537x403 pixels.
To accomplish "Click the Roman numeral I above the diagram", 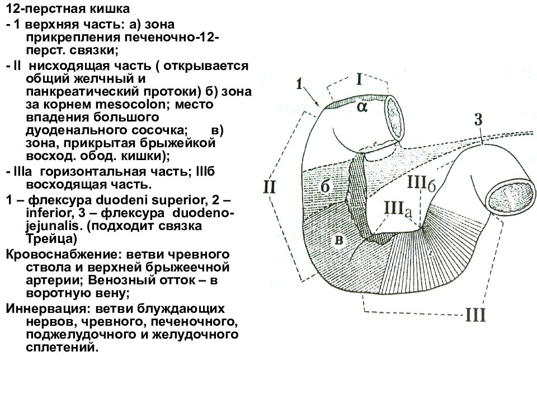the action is (359, 79).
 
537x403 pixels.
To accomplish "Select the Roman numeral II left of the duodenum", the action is (269, 188).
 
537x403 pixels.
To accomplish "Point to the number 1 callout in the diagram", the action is (300, 83).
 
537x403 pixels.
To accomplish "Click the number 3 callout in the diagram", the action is (478, 119).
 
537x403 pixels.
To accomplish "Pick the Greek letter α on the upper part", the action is (362, 107).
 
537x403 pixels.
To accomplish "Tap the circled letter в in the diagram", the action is (339, 240).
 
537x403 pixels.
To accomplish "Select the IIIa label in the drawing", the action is (398, 208).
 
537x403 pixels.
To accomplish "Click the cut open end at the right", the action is (512, 198).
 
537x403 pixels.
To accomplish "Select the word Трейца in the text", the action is (51, 238).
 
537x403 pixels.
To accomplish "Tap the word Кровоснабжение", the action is (64, 255).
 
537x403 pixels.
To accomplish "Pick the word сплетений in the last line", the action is (62, 348).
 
